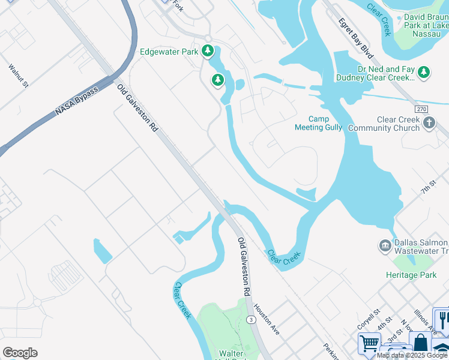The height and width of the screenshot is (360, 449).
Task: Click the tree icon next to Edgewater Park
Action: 208,51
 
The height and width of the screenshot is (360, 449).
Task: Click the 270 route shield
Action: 421,109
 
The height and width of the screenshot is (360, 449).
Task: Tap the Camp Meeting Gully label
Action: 318,123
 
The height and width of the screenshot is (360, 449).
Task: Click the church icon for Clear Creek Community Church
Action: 429,124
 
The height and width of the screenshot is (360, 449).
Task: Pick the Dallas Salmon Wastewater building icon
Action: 384,245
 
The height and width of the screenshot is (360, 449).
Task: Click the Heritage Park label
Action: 411,275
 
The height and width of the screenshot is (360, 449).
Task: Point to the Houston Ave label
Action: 266,320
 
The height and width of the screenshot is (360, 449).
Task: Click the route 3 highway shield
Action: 250,320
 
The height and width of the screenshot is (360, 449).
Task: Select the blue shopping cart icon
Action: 369,344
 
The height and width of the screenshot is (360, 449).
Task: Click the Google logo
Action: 20,352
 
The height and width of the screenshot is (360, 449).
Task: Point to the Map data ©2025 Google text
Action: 412,355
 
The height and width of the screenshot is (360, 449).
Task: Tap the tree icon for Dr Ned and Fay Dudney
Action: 424,72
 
